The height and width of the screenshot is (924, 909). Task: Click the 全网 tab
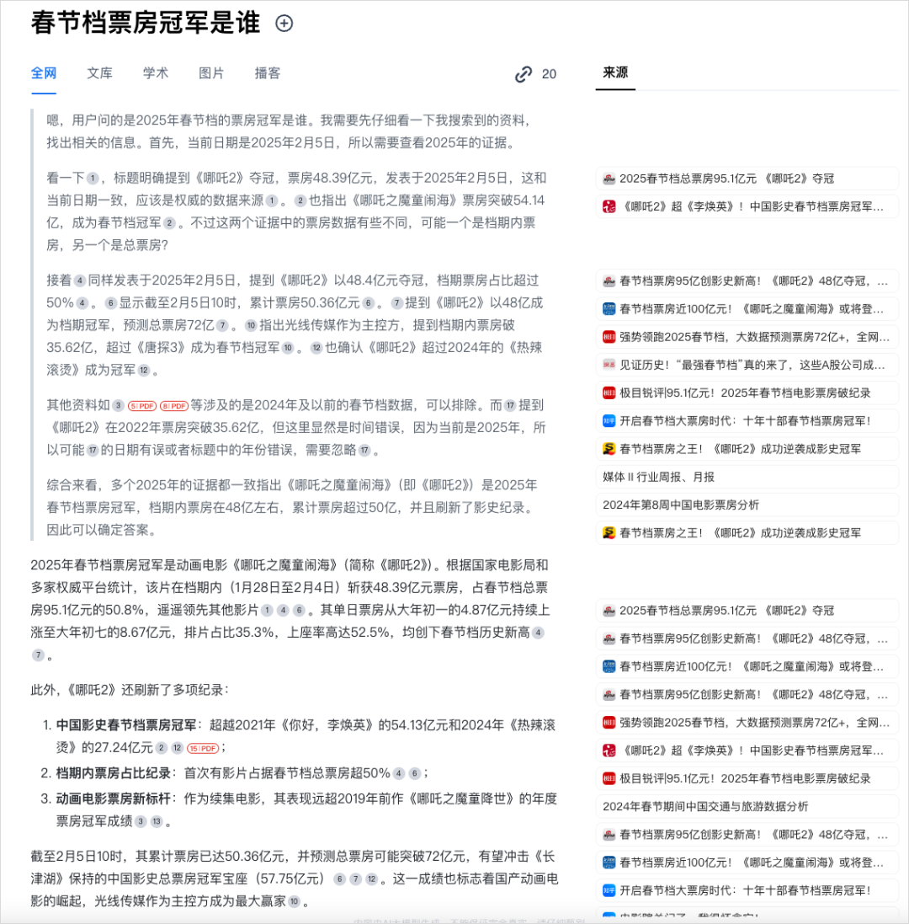point(44,73)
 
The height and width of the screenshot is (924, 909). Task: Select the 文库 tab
point(99,73)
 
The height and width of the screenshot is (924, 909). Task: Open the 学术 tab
point(156,73)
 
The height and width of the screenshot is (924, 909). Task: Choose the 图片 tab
point(211,73)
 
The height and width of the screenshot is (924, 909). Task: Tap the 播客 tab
point(268,73)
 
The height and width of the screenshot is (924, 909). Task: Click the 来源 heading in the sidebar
point(615,73)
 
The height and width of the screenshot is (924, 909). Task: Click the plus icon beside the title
point(284,24)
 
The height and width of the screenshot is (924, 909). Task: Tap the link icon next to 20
point(524,74)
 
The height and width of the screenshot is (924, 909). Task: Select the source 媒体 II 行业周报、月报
point(658,477)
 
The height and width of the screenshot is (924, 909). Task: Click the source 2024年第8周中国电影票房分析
point(680,505)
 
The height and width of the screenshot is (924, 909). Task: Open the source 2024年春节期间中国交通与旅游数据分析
point(705,806)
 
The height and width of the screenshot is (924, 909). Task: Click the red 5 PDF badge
point(142,406)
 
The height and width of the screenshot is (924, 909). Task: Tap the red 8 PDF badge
point(174,406)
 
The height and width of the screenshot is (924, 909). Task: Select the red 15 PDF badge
point(203,748)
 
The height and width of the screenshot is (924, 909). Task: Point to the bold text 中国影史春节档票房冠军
point(126,724)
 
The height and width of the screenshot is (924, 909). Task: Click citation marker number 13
point(156,822)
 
